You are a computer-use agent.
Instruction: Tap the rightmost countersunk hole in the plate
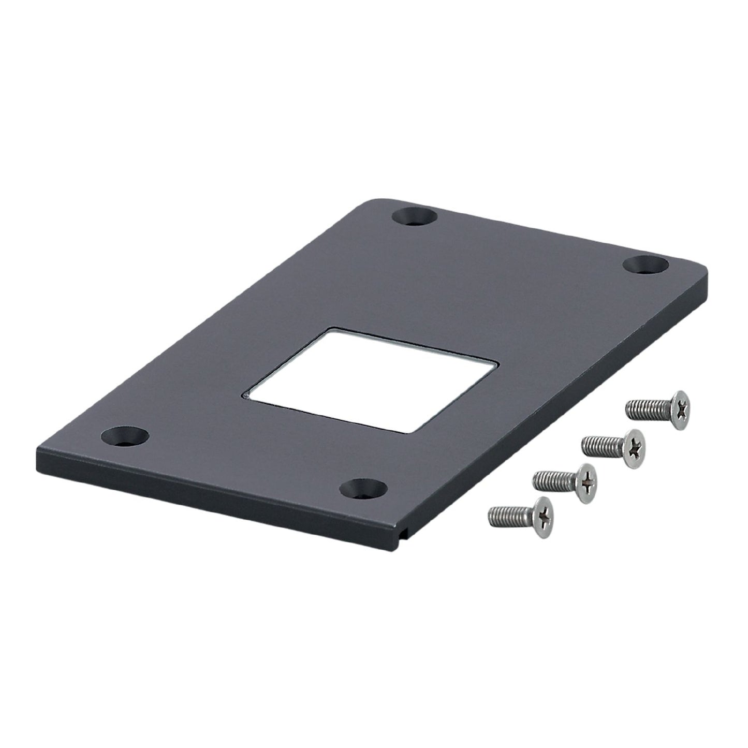644,265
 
